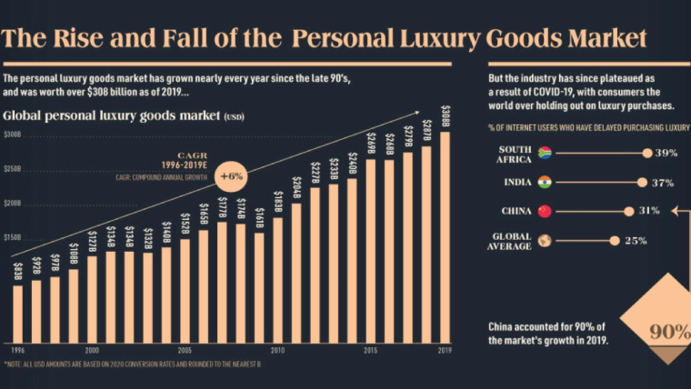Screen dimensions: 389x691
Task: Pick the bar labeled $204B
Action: pos(296,272)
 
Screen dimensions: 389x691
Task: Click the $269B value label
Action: pos(370,144)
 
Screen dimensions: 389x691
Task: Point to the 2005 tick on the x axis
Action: pos(185,349)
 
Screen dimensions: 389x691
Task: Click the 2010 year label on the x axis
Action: pos(278,349)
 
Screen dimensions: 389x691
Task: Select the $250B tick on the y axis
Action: pos(13,170)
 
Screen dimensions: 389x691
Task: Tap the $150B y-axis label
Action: pos(13,237)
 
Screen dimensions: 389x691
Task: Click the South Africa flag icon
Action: pos(546,153)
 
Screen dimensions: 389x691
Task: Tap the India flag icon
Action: pos(545,183)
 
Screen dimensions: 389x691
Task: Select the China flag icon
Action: pos(545,212)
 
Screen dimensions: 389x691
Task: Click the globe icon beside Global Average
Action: pos(545,241)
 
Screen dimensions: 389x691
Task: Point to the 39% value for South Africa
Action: pos(666,154)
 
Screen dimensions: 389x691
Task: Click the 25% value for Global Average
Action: pos(635,241)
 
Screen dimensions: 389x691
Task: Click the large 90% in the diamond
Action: pos(669,332)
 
